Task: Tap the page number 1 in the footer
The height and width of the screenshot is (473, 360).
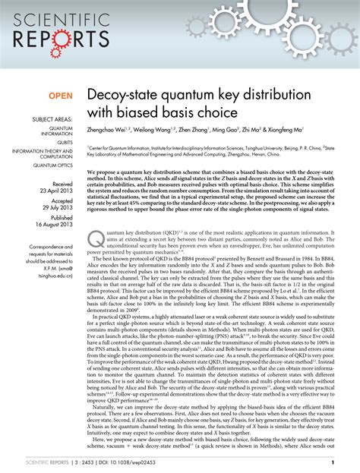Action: tap(344, 462)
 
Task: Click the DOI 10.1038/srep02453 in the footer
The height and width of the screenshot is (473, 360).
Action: tap(116, 462)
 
